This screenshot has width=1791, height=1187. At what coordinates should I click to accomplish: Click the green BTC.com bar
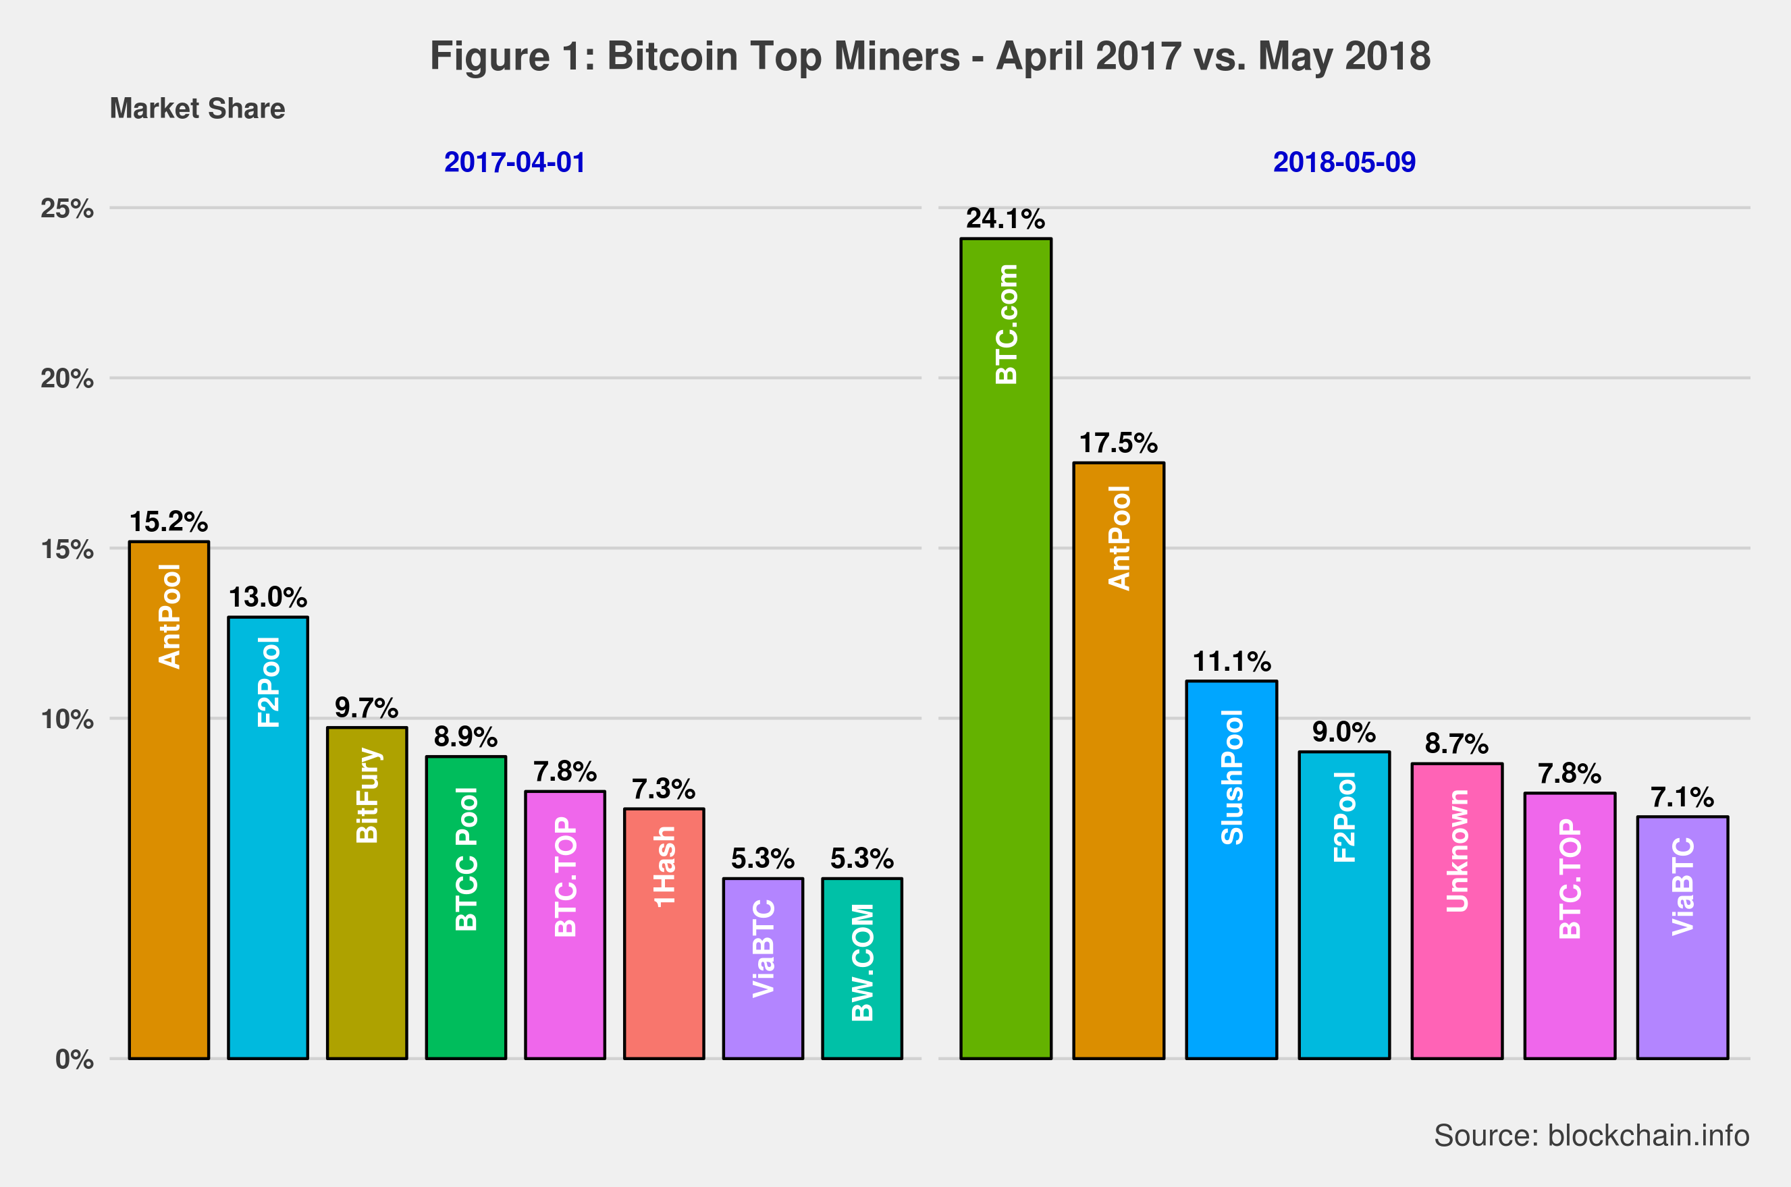tap(1006, 648)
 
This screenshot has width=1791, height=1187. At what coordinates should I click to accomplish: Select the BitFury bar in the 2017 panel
tap(367, 893)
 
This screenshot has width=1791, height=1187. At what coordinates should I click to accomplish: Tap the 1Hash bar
tap(664, 933)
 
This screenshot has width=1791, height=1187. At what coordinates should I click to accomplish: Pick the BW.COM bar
tap(862, 968)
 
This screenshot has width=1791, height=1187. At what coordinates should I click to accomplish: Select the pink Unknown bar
tap(1457, 911)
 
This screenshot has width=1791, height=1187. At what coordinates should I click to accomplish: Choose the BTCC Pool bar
tap(466, 907)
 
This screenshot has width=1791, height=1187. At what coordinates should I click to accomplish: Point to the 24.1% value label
tap(1005, 219)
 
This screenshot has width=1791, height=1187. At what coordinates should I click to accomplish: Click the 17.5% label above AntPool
tap(1118, 443)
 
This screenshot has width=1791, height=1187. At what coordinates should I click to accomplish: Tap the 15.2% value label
tap(168, 522)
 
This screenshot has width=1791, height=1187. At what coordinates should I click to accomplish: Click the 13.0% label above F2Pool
tap(267, 597)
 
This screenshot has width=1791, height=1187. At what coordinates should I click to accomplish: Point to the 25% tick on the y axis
tap(68, 208)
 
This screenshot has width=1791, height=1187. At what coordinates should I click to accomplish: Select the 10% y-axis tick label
tap(68, 719)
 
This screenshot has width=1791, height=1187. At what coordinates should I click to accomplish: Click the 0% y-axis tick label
tap(74, 1059)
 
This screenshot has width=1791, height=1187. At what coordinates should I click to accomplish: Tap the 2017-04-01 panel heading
tap(514, 163)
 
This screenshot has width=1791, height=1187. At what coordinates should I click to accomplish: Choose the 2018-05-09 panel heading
tap(1344, 163)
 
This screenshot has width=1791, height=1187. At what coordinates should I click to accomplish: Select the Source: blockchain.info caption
tap(1591, 1136)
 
